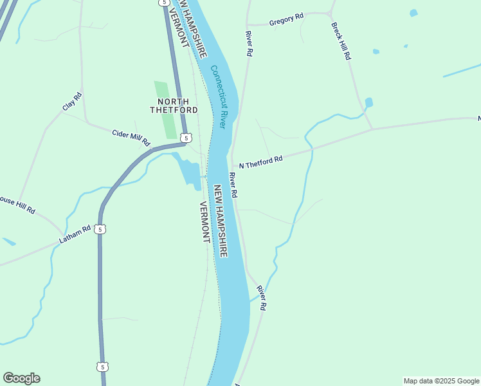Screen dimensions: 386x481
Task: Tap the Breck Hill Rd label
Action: coord(341,41)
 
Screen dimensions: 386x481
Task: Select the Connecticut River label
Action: coord(219,96)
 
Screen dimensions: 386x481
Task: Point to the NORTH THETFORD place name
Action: coord(170,106)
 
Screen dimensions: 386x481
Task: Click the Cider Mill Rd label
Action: coord(131,136)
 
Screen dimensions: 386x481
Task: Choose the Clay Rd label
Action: coord(72,102)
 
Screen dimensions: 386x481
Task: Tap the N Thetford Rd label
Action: coord(260,162)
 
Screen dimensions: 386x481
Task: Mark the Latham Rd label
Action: coord(75,235)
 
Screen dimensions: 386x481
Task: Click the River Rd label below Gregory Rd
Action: coord(248,44)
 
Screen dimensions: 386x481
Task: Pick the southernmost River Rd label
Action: coord(261,299)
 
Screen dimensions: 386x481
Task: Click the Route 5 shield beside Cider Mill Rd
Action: coord(185,138)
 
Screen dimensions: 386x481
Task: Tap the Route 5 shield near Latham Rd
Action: coord(99,229)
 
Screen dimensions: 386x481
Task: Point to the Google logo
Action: coord(21,378)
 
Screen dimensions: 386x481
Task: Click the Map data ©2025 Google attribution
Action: coord(441,381)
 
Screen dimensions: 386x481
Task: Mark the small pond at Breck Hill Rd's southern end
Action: coord(368,103)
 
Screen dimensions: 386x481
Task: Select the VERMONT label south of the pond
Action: coord(204,221)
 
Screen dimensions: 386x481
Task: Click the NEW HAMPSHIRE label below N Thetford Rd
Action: coord(220,221)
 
